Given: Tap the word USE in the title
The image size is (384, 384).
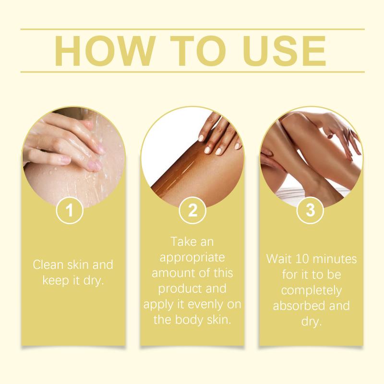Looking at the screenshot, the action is pos(284,51).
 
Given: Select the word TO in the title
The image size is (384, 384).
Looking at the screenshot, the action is pos(198,51).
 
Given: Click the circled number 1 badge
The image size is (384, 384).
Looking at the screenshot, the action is pos(70,210).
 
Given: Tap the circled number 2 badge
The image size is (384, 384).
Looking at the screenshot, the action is pos(192,210).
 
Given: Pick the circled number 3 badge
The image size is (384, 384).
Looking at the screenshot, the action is pos(310,210).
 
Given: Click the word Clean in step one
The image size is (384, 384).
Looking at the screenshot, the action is pos(48,265).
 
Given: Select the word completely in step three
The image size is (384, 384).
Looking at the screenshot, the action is pos(311,291).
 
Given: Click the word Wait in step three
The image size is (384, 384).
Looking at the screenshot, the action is pos(279,259).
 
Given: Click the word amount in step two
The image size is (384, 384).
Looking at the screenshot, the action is pos(172,273).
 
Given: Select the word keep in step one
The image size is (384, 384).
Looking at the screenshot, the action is pos(56,281).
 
